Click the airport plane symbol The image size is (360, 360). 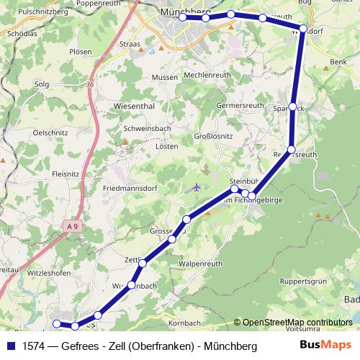(197, 188)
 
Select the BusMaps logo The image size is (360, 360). (325, 346)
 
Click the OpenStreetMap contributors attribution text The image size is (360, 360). (297, 322)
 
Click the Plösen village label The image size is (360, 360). (81, 52)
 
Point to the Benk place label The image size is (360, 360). (338, 63)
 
